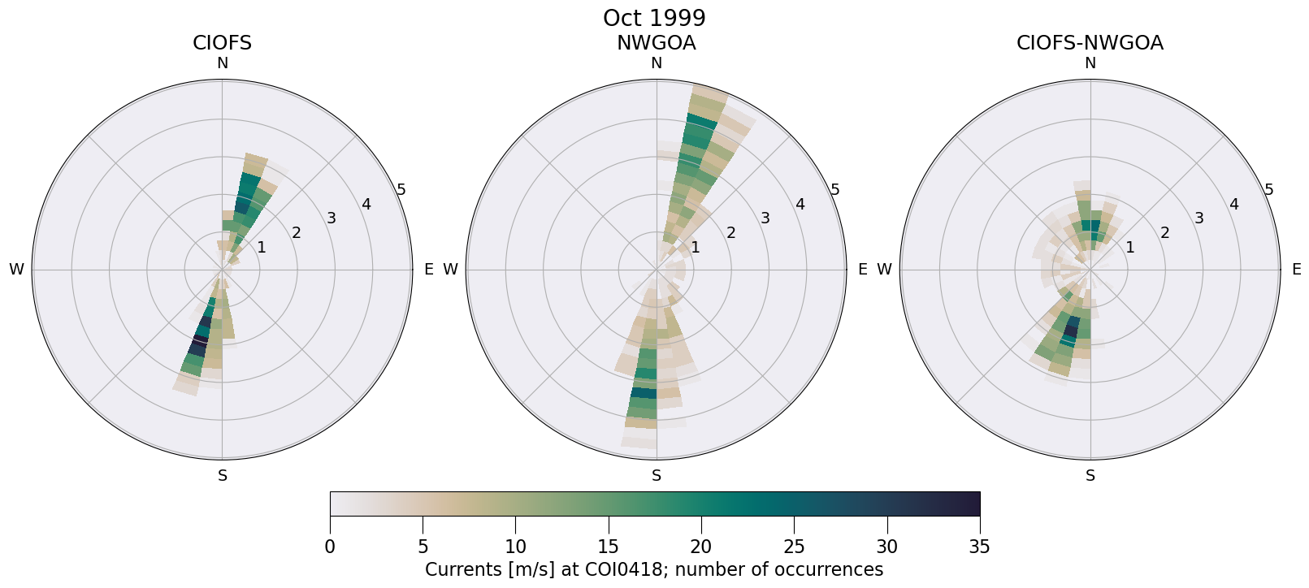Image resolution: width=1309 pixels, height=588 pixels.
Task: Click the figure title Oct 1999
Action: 654,18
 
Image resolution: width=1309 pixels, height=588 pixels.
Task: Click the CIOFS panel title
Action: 222,43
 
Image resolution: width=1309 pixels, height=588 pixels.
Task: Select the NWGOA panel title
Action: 656,43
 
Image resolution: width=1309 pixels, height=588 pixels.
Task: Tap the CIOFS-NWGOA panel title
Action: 1090,43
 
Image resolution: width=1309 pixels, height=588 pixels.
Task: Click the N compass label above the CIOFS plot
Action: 222,63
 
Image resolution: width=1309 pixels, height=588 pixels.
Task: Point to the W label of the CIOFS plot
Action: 16,270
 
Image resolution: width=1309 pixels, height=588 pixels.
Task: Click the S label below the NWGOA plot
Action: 657,476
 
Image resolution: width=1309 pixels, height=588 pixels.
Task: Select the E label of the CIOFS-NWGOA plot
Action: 1296,270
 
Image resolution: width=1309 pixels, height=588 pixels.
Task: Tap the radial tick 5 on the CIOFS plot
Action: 401,190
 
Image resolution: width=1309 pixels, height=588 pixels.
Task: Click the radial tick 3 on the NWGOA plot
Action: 765,218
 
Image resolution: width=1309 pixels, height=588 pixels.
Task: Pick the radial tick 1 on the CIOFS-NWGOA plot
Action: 1129,248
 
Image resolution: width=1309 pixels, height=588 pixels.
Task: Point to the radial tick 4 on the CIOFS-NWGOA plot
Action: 1233,204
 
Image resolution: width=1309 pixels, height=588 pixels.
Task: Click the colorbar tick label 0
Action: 330,547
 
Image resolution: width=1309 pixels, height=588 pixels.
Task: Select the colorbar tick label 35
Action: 980,547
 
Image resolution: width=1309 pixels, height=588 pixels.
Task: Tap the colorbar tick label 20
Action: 701,547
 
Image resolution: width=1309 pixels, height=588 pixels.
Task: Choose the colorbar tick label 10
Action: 515,547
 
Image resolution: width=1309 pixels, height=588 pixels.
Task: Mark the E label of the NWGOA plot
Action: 862,270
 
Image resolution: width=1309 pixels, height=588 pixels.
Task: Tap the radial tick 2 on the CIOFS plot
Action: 296,233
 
